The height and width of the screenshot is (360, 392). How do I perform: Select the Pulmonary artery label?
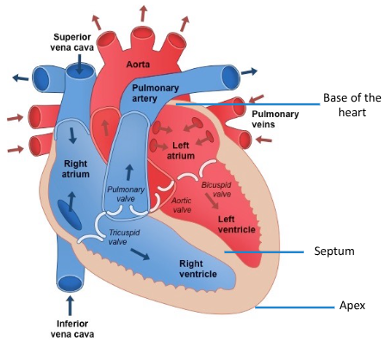pos(152,94)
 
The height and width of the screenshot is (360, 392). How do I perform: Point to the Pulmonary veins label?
pos(273,118)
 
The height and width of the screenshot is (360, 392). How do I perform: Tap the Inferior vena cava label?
pos(71,330)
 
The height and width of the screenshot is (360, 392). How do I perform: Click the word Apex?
pos(352,307)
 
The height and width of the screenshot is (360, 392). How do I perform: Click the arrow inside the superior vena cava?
pos(78,67)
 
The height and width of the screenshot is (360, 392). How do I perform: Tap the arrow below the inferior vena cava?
pos(71,304)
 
